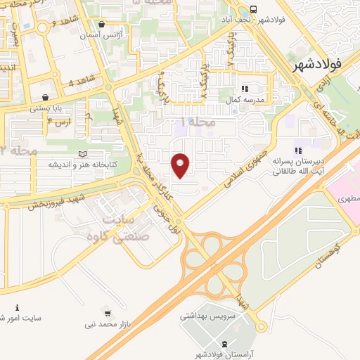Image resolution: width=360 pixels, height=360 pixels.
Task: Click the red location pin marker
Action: [x=181, y=165]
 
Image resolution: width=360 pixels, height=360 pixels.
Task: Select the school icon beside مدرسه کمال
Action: [x=245, y=89]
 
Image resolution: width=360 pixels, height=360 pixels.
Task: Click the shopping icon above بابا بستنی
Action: [x=46, y=97]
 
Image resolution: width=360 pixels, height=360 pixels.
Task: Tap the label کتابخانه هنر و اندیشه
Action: [x=82, y=165]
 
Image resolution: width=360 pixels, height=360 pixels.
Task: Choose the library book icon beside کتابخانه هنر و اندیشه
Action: [x=84, y=153]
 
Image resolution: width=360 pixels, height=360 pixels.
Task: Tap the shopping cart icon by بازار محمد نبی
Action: [x=107, y=311]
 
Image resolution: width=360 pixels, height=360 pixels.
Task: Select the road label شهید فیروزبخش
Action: [x=58, y=201]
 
